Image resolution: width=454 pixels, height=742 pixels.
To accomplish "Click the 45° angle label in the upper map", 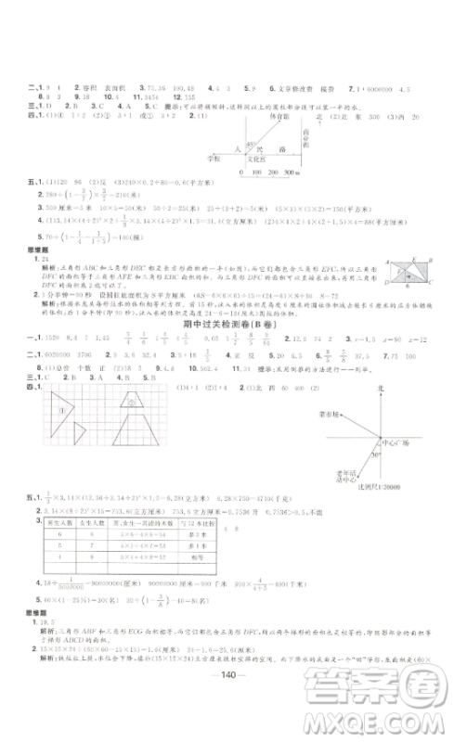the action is coord(248,133).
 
